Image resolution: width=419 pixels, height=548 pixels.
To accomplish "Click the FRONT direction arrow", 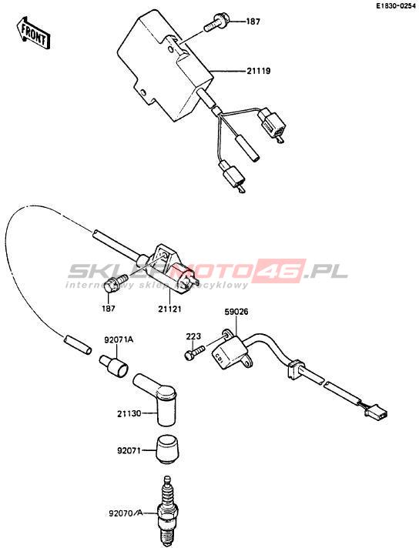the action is (34, 33).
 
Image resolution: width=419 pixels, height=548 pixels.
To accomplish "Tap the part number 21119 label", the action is (259, 71).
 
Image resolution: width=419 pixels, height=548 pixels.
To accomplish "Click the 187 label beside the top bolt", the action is (253, 22).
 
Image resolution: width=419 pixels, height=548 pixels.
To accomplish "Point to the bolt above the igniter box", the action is (216, 22).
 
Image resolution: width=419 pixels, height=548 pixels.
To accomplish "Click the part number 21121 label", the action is (170, 309).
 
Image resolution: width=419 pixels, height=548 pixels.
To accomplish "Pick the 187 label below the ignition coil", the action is (109, 309).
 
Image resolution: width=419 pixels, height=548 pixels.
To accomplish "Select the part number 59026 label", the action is (236, 312).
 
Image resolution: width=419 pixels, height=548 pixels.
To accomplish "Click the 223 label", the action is (193, 336).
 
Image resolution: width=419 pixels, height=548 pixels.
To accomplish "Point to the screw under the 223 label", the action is (195, 352).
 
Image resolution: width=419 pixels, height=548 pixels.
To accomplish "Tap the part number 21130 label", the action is (129, 413).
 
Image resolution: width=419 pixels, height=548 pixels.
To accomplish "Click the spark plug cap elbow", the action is (157, 398).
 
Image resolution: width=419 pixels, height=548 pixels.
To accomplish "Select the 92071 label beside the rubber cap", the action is (129, 451).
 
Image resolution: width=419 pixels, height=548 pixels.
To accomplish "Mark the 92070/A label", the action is (126, 513).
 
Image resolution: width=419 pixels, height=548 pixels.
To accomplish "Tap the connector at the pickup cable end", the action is (377, 414).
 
